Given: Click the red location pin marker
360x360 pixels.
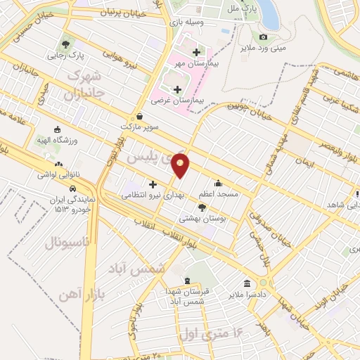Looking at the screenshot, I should tap(181, 165).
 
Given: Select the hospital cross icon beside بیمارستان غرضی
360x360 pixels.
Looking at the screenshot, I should tap(176, 89).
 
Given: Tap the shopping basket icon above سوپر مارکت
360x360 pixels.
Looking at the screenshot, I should tap(140, 117).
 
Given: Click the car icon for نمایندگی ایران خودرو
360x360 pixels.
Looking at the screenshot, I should tap(72, 188).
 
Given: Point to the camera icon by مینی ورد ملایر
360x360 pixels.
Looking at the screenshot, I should tap(263, 37).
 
